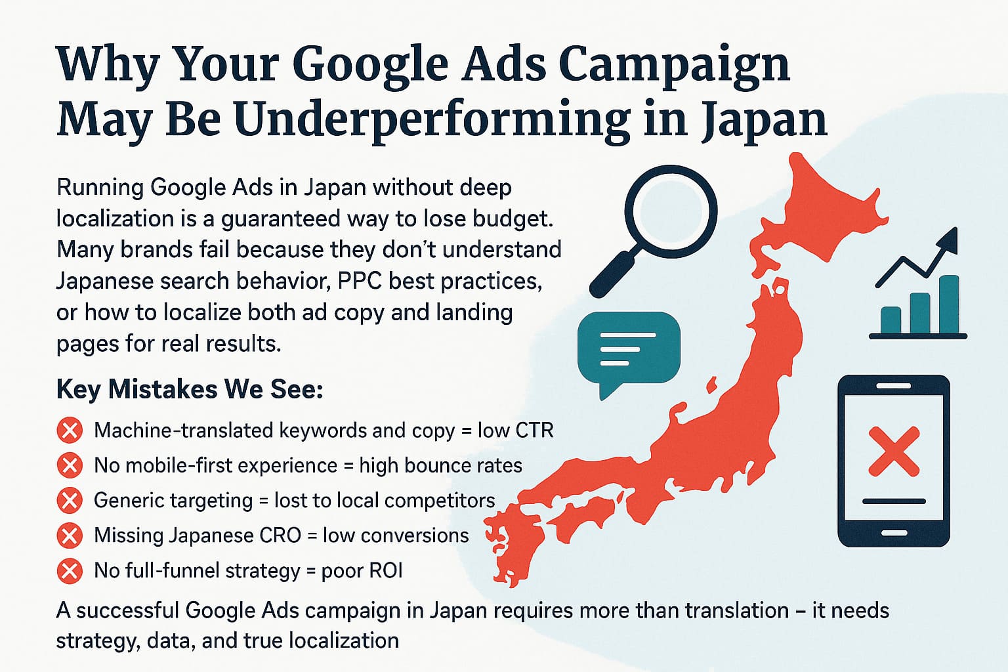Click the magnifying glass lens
coord(671,211)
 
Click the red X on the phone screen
coord(894,451)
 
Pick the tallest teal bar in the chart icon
coord(949,304)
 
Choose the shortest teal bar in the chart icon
coord(891,320)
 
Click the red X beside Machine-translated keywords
coord(70,430)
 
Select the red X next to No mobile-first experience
coord(70,465)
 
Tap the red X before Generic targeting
coord(70,501)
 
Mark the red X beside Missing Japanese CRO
coord(70,535)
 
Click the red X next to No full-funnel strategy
coord(70,571)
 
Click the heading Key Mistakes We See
coord(190,390)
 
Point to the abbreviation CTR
coord(534,430)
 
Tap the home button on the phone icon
coord(894,534)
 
